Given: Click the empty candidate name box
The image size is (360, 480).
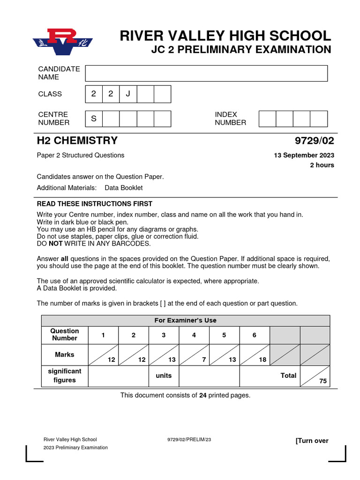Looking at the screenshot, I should (206, 73).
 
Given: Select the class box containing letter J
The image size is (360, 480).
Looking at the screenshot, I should (128, 94).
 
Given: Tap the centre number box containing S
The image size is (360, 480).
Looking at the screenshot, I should (94, 119).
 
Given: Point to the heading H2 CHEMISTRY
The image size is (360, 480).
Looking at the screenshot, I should (77, 141).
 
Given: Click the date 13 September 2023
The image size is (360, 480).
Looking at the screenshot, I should (304, 156).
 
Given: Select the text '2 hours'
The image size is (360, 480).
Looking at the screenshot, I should (322, 165).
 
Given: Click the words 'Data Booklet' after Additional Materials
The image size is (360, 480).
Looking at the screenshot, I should (124, 188).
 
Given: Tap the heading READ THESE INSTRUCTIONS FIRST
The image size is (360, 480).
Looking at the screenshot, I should (94, 204).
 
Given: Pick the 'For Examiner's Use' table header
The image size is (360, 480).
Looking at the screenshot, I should (186, 321).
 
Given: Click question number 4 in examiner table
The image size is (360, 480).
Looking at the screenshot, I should (194, 335).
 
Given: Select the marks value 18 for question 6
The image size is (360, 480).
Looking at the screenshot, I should (262, 360).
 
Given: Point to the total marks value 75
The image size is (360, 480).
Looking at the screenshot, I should (323, 381).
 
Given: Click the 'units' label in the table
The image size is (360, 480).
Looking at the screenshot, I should (164, 375).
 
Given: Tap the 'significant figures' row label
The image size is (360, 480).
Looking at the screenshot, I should (65, 375).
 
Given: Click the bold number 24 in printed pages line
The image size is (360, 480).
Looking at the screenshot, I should (203, 395).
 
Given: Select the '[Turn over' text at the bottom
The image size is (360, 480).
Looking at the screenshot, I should (312, 441).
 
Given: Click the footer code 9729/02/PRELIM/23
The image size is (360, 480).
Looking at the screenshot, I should (189, 440).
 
